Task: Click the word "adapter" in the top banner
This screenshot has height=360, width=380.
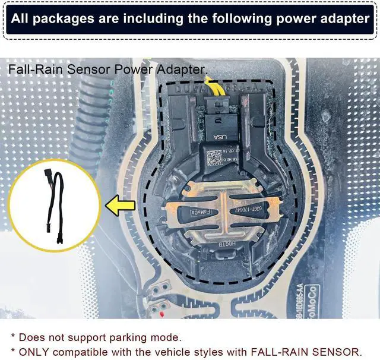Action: [341, 18]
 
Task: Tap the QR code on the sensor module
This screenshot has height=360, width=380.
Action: [214, 157]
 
